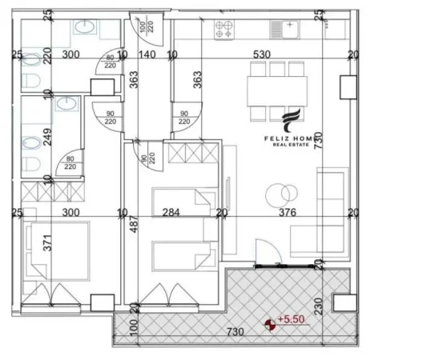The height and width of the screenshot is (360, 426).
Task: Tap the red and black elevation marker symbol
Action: pos(271,323)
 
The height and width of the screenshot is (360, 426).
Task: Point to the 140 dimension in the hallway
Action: pos(149,56)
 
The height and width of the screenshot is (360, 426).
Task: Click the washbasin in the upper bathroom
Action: pos(84,26)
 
